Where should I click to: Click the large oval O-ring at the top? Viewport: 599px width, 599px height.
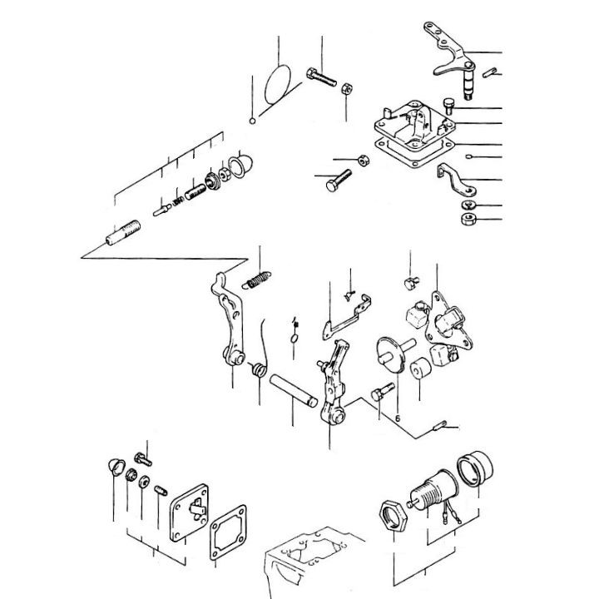278,83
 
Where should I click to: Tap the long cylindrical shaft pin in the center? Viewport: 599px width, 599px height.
292,390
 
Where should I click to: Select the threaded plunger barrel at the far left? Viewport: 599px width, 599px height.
121,231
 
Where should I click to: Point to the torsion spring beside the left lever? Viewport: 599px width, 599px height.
260,370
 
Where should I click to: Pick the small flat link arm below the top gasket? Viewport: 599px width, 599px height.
454,177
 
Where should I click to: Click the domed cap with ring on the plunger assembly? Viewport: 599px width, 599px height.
240,164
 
